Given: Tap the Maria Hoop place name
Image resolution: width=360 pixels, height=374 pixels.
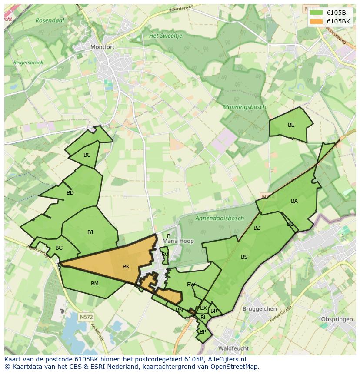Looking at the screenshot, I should (x=178, y=241).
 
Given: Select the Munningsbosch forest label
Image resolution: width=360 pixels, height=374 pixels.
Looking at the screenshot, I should (x=244, y=107).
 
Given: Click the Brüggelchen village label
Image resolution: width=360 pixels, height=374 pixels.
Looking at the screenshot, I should (x=260, y=309).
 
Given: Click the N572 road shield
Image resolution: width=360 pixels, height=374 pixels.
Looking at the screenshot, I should (x=86, y=317).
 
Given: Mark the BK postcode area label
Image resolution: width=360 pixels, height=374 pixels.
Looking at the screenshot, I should (x=126, y=267).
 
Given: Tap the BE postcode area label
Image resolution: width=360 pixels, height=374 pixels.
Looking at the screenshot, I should (x=291, y=125).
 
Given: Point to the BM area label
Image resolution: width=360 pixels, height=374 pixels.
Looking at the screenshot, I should (x=95, y=284).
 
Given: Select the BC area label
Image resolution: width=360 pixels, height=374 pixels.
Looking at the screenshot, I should (x=87, y=155).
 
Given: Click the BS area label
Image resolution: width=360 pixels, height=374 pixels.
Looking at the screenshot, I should (x=244, y=257).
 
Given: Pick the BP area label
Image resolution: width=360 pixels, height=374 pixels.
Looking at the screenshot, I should (x=203, y=332).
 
